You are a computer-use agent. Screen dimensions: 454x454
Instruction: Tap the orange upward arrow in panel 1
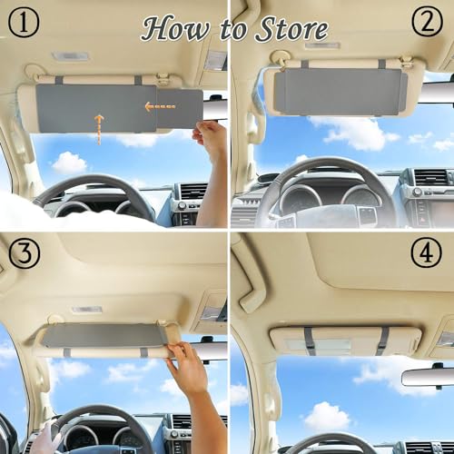[x=98, y=127]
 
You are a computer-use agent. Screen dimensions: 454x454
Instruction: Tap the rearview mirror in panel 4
[x=427, y=376]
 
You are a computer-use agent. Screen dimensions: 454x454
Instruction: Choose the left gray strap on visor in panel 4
[x=310, y=340]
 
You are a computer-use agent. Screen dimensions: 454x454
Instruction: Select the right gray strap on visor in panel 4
[x=382, y=340]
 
